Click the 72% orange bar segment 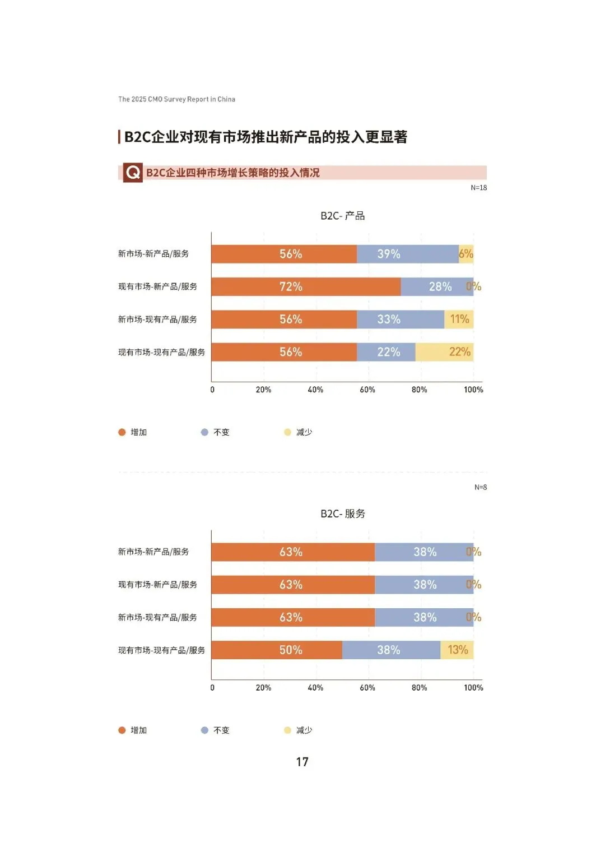coord(306,286)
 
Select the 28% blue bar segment coord(437,286)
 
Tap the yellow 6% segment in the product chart coord(466,254)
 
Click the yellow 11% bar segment coord(459,320)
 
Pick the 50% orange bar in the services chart coord(277,650)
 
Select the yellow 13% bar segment coord(457,650)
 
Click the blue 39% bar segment coord(407,254)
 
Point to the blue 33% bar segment coord(400,320)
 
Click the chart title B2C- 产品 coord(342,216)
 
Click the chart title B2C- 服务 coord(342,513)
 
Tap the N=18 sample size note coord(478,188)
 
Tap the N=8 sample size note coord(480,487)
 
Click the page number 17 coord(302,762)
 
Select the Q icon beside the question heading coord(133,173)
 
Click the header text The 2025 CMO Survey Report coord(176,99)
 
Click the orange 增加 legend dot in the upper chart coord(122,432)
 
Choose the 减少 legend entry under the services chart coord(299,730)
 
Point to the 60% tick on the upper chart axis coord(367,390)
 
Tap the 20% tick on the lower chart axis coord(263,688)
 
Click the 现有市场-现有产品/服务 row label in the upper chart coord(161,352)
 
